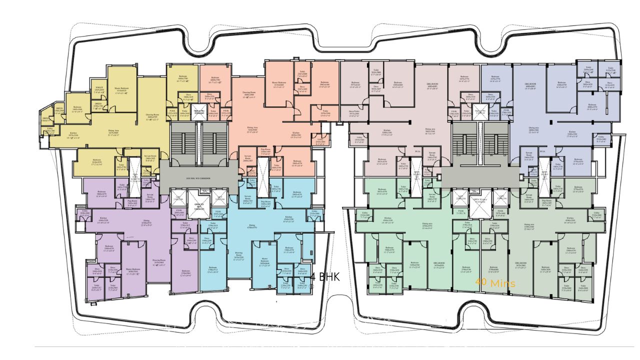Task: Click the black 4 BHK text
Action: [x=325, y=277]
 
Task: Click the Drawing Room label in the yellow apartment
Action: [x=153, y=116]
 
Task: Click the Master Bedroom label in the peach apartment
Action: [x=278, y=84]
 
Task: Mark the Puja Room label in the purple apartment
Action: [x=132, y=202]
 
